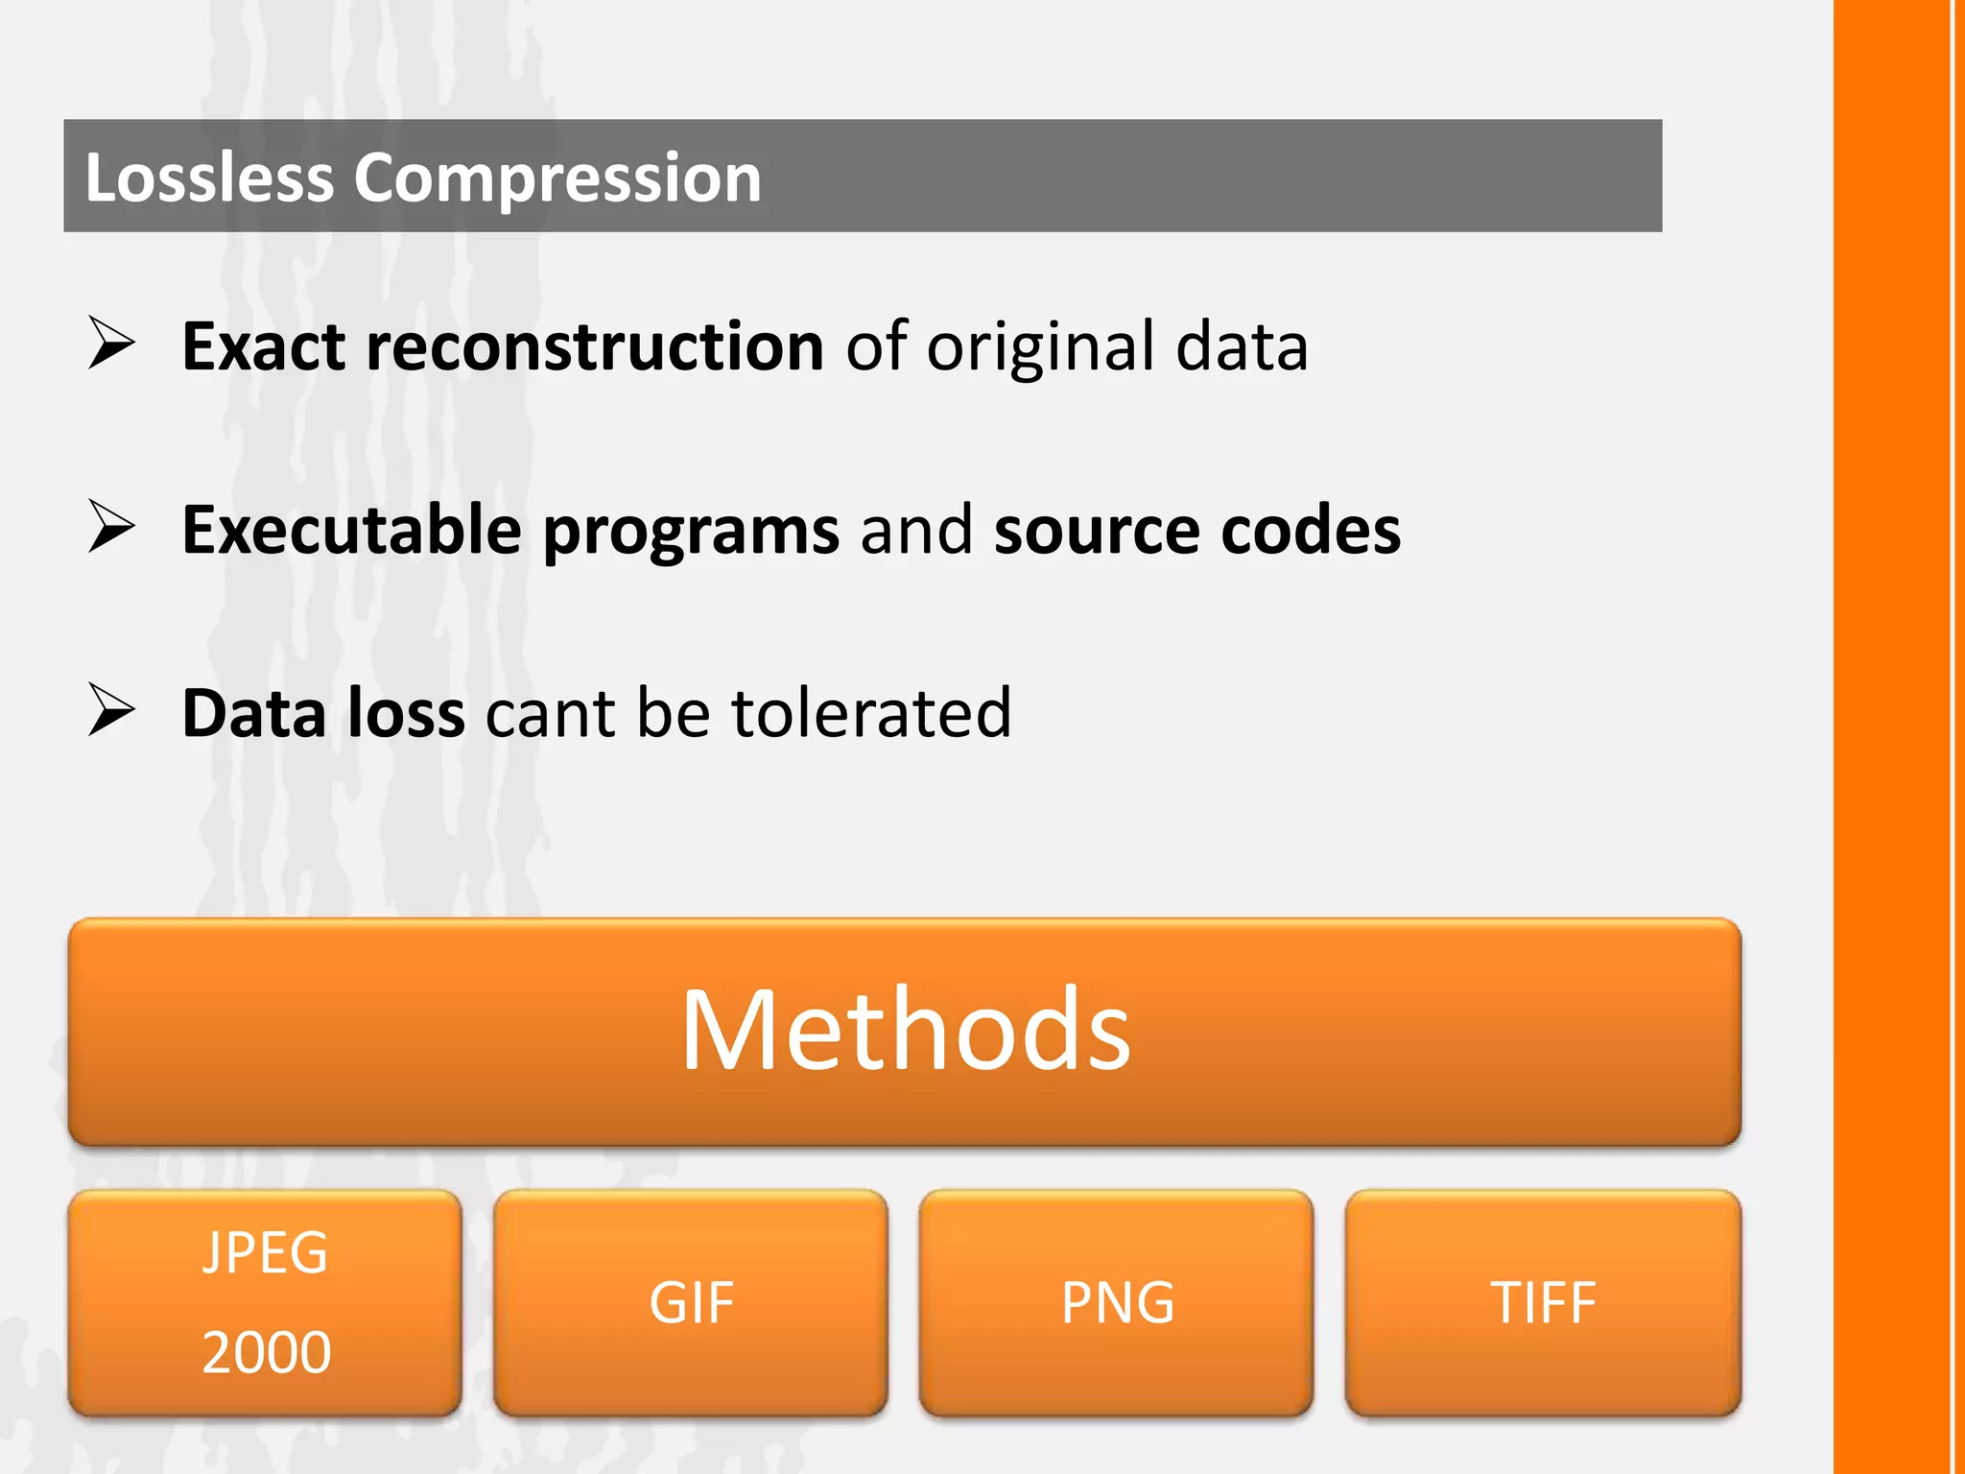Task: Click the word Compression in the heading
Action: (557, 179)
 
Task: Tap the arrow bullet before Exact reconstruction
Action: (111, 343)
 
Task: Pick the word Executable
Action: (351, 530)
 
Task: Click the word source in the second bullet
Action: (1097, 531)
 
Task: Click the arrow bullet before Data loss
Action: (111, 709)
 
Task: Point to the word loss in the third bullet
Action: (406, 713)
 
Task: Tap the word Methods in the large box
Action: (906, 1030)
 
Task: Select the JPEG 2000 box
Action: (265, 1302)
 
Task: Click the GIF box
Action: (691, 1302)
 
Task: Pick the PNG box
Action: (1117, 1302)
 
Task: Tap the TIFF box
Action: (1543, 1302)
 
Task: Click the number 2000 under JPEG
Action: (267, 1352)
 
